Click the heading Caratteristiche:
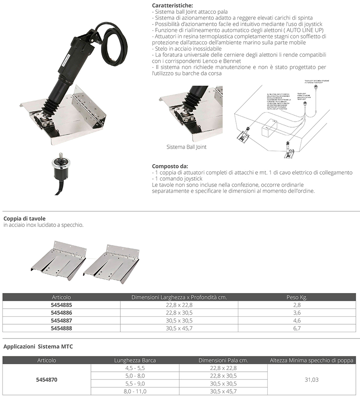click(172, 5)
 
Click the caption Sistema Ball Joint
click(186, 147)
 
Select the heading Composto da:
click(170, 166)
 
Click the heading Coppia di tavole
click(24, 219)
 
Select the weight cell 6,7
click(296, 328)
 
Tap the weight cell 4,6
click(296, 320)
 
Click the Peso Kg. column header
click(296, 297)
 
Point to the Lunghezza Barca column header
click(135, 360)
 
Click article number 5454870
click(47, 379)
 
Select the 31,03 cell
click(311, 379)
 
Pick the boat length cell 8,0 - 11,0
click(135, 391)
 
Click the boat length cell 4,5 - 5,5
click(135, 368)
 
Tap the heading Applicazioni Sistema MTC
click(38, 347)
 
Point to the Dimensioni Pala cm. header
click(223, 360)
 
